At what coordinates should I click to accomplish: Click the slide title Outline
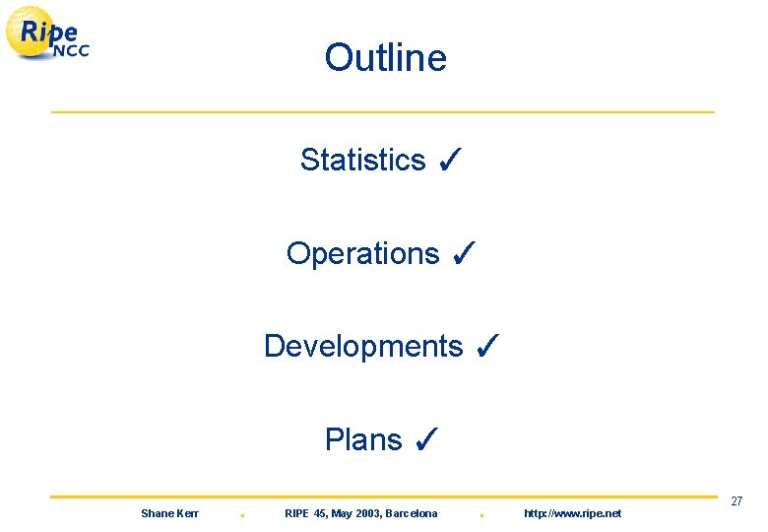pos(385,58)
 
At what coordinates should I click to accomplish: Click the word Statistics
pos(362,160)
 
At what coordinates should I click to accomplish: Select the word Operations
pos(362,253)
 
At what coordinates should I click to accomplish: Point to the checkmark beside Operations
pos(463,253)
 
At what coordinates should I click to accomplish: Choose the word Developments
pos(362,347)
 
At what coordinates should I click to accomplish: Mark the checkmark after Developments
pos(486,346)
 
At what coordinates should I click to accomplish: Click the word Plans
pos(363,440)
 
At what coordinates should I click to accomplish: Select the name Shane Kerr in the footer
pos(169,513)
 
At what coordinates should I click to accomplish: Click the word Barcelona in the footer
pos(411,513)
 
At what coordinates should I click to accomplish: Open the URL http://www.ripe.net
pos(572,513)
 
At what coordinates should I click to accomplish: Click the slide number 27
pos(736,502)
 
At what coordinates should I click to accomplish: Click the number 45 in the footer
pos(322,513)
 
